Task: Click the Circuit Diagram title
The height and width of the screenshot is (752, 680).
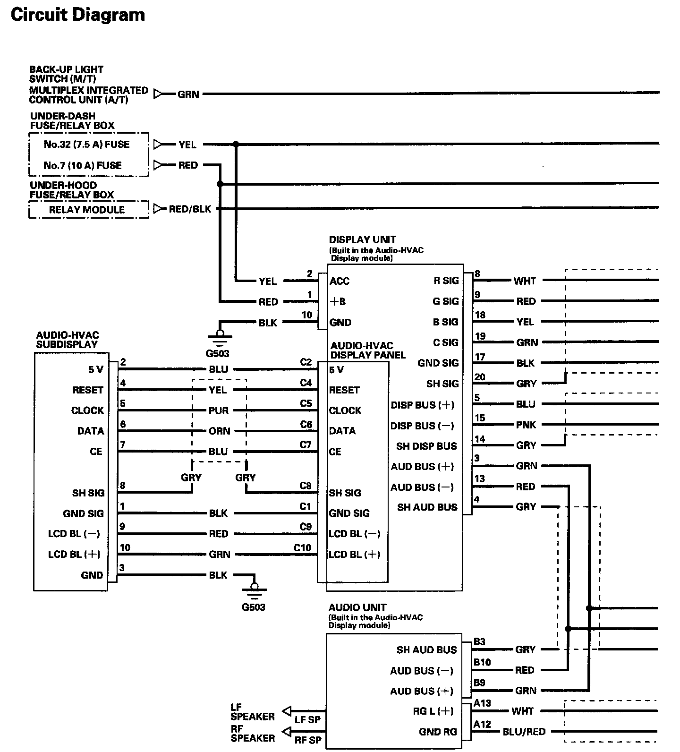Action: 77,15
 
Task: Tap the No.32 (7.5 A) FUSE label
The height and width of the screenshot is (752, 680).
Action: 86,145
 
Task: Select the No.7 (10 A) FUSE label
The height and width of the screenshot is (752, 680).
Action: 82,165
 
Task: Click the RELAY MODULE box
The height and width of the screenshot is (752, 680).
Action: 88,210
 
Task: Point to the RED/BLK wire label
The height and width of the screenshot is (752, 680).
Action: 190,209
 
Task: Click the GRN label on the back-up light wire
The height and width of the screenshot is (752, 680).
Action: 188,94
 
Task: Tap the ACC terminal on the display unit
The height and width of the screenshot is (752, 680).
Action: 339,282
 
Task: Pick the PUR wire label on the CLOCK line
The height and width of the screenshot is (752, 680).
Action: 218,411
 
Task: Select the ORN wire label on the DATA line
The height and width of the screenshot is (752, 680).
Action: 219,431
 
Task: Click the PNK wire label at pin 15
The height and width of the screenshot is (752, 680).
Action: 526,425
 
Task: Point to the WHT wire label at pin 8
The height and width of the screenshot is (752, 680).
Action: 525,282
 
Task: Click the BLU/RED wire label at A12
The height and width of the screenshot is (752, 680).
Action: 524,732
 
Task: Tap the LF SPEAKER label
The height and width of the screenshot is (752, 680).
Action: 252,712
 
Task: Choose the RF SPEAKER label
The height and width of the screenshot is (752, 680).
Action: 252,733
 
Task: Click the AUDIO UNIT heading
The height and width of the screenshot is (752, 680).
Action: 357,607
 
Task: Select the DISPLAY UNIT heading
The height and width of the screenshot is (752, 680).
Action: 362,240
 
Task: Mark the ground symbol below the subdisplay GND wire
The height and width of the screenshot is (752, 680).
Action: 254,589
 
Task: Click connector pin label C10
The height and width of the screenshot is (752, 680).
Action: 302,548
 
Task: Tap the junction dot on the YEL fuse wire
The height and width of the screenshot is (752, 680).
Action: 236,144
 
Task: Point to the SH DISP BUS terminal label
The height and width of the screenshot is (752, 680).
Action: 426,446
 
